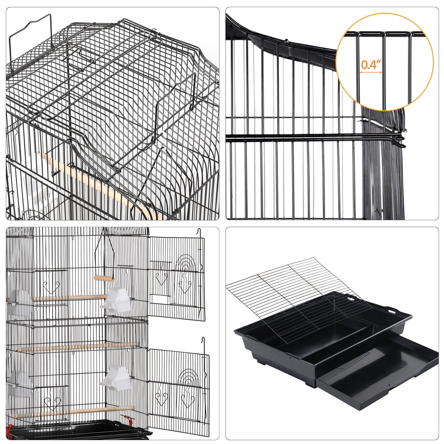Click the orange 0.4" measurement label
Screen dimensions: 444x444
[x=371, y=64]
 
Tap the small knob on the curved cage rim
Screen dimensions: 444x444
[x=287, y=42]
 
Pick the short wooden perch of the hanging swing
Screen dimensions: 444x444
[x=104, y=278]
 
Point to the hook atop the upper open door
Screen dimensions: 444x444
[x=199, y=232]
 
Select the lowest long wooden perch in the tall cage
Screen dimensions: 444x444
[x=73, y=412]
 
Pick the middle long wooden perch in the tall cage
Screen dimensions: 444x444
[x=78, y=347]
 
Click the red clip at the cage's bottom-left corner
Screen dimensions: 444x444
[x=9, y=428]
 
